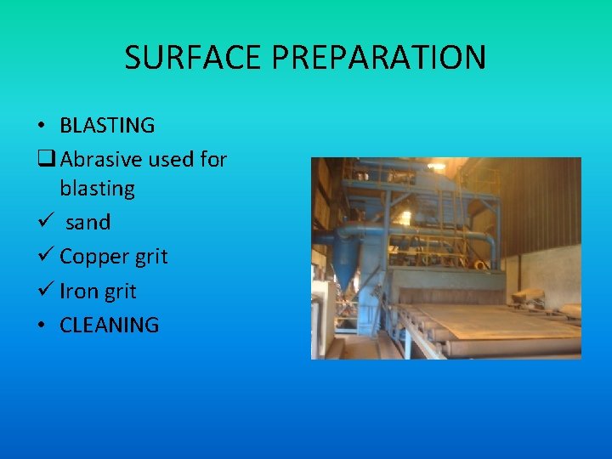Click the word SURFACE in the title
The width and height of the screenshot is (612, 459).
pyautogui.click(x=194, y=58)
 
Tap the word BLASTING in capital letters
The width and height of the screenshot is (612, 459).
pyautogui.click(x=107, y=126)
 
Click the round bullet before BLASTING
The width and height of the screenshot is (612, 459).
pyautogui.click(x=41, y=127)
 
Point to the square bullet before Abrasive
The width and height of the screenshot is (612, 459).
pyautogui.click(x=44, y=160)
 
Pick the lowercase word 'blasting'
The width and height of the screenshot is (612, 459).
pyautogui.click(x=97, y=188)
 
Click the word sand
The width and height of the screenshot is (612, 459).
pyautogui.click(x=88, y=223)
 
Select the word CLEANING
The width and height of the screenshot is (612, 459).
pyautogui.click(x=109, y=325)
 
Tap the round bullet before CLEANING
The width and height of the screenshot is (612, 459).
pyautogui.click(x=41, y=326)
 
